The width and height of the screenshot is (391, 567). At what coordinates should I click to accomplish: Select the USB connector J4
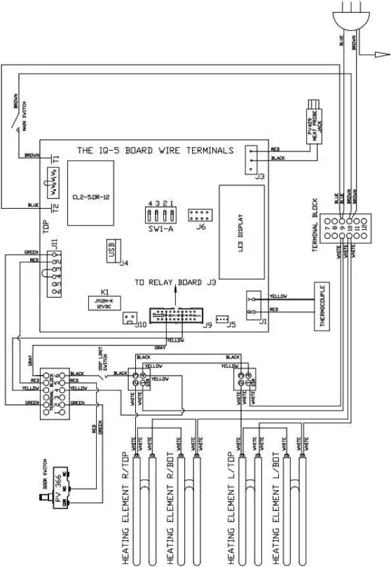point(111,250)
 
